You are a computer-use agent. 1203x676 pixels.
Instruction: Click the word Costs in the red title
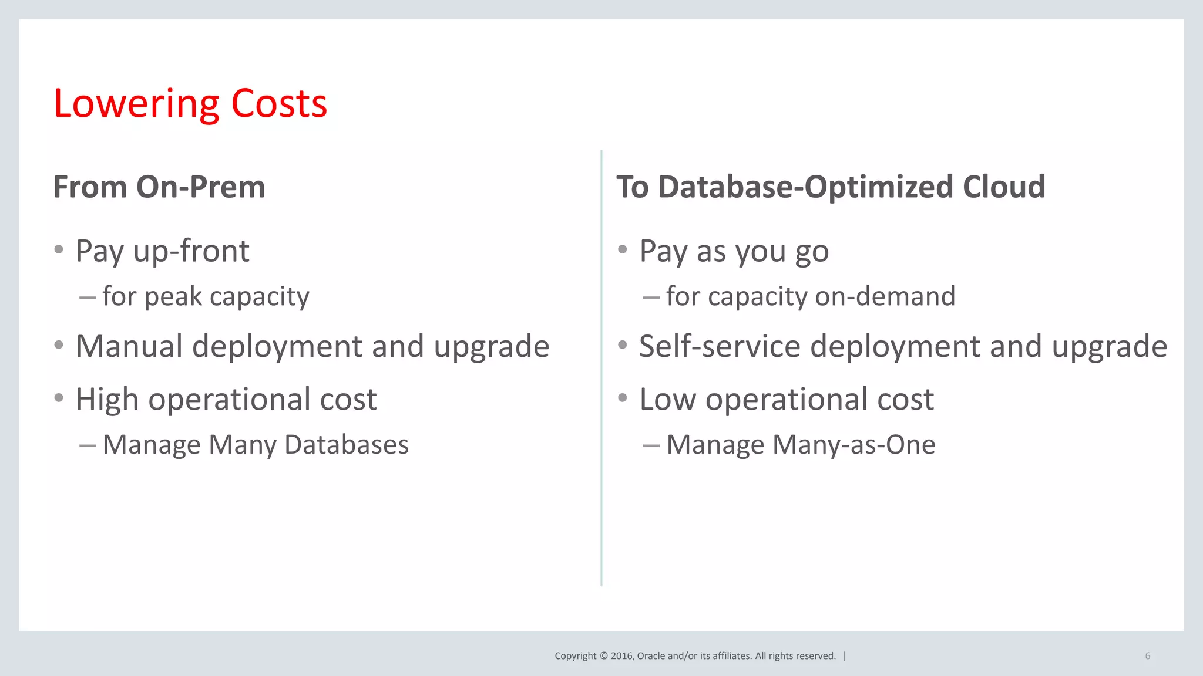(x=279, y=104)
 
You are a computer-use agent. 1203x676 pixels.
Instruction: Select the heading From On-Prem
(x=159, y=187)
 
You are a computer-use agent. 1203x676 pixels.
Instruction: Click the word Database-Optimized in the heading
(x=805, y=187)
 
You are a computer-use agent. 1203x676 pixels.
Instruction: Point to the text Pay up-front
(x=162, y=251)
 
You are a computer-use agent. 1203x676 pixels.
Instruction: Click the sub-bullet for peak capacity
(x=206, y=296)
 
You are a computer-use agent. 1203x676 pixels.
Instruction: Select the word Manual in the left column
(x=129, y=346)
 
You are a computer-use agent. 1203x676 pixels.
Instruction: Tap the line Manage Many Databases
(x=256, y=445)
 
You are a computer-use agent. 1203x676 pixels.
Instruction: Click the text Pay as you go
(x=734, y=251)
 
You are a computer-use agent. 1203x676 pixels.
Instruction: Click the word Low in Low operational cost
(x=667, y=400)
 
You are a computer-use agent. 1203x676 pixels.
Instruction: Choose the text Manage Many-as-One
(x=801, y=445)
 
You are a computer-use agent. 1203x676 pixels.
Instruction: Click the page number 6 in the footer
(x=1147, y=656)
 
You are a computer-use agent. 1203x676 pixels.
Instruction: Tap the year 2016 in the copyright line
(x=621, y=656)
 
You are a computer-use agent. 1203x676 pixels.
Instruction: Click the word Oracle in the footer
(x=651, y=656)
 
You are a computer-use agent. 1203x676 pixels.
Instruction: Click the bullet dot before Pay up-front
(x=59, y=249)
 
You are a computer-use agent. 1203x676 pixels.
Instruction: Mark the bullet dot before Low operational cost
(x=623, y=398)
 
